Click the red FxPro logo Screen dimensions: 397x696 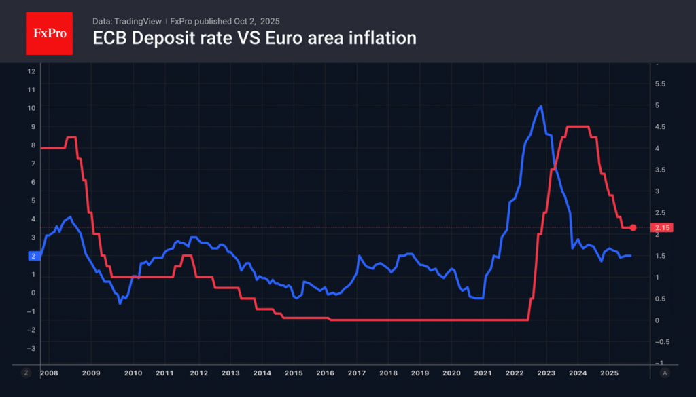tap(49, 32)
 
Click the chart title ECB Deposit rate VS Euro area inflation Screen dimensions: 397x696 tap(254, 39)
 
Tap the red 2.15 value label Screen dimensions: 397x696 tap(662, 228)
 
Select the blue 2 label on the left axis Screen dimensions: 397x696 tap(32, 256)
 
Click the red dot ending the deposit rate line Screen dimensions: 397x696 tap(633, 228)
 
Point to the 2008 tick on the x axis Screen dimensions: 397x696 tap(49, 373)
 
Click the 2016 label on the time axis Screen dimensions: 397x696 tap(325, 373)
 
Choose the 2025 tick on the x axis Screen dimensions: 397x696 tap(609, 373)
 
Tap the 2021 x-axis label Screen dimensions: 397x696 tap(482, 373)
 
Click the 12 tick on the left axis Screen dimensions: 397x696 tap(31, 71)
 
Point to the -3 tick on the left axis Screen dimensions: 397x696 tap(30, 348)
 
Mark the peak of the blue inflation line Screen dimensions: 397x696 tap(540, 106)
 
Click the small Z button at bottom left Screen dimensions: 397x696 tap(27, 373)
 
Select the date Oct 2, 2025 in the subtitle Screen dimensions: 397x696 tap(251, 21)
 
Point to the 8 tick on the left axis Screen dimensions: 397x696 tap(31, 145)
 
